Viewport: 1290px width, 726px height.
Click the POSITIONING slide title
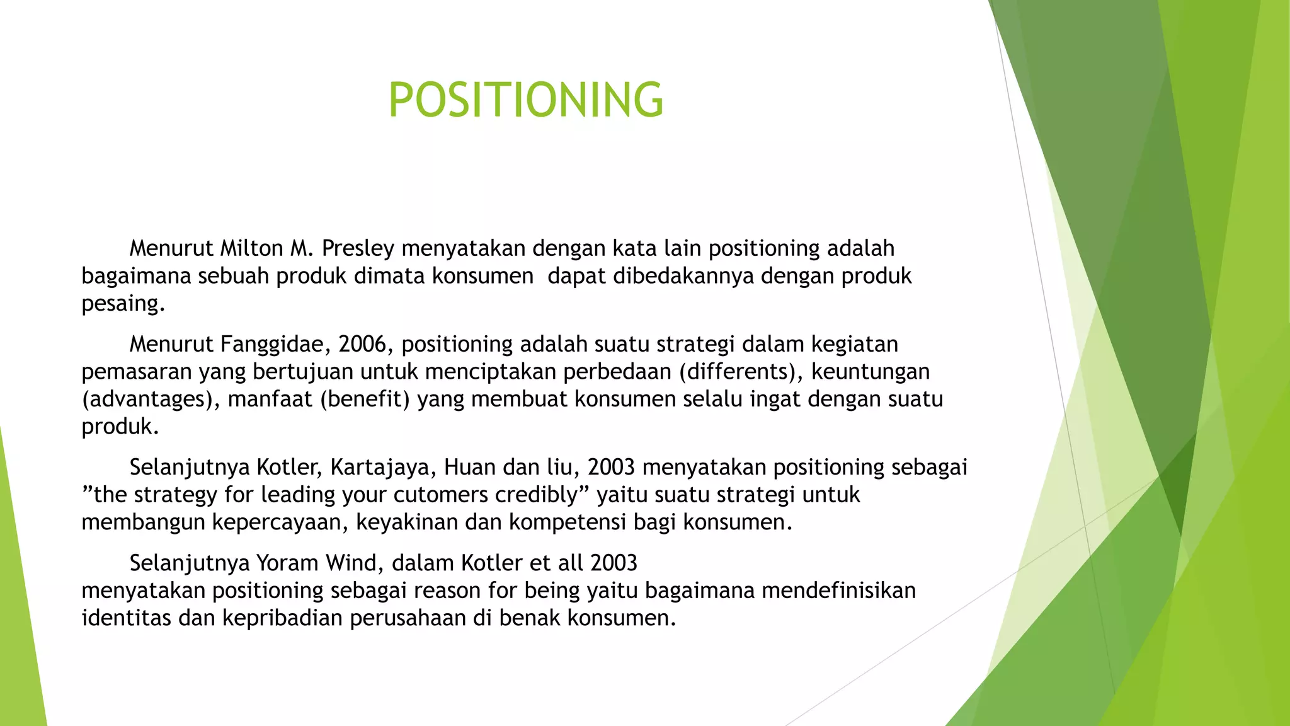point(525,100)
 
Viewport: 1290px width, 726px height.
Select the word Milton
point(251,248)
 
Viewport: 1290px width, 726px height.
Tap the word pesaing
point(123,304)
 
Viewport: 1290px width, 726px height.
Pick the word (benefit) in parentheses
point(365,400)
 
